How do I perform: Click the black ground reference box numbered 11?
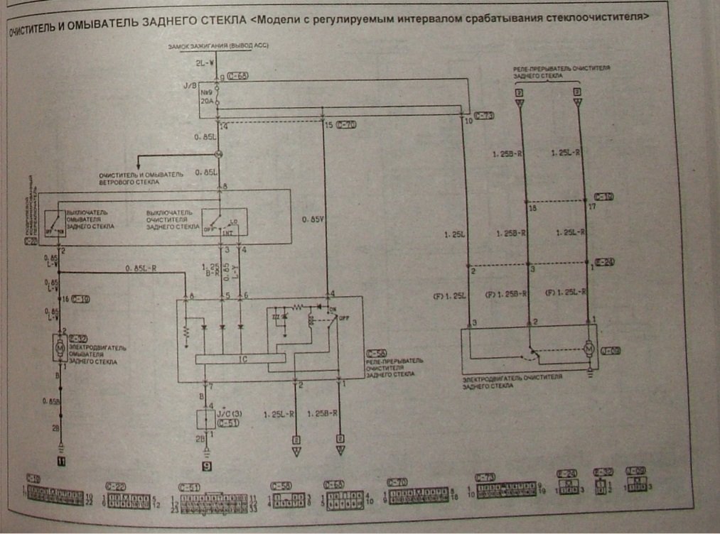(62, 462)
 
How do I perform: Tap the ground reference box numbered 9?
(207, 467)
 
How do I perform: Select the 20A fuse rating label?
(206, 100)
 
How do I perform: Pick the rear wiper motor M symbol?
(589, 350)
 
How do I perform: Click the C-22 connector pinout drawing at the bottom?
(128, 501)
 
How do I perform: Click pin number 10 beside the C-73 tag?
(468, 122)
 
